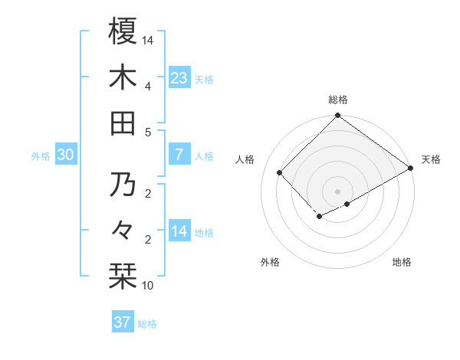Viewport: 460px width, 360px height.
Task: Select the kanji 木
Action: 123,77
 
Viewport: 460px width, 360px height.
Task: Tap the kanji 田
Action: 123,123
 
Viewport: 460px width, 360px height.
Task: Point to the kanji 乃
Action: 123,185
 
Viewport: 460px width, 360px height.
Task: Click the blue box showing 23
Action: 179,77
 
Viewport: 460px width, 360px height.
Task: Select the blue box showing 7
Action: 179,155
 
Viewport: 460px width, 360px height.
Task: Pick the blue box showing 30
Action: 65,155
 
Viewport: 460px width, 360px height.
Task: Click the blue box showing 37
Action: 122,322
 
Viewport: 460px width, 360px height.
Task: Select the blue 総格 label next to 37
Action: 147,324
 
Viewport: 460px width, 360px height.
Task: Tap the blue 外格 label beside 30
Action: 41,156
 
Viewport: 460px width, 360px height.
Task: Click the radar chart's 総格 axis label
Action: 337,100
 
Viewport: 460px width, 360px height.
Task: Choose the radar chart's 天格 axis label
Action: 431,159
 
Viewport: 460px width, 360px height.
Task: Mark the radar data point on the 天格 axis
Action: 411,169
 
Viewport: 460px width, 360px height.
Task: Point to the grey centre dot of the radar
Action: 337,190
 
